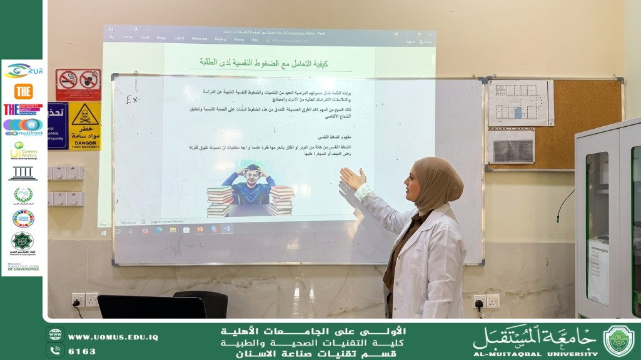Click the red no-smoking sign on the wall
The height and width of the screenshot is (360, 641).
click(78, 81)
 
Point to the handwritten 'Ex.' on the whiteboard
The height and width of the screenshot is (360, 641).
click(133, 99)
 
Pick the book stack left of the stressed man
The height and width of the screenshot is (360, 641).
click(220, 201)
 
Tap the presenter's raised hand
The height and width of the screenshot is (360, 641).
click(352, 180)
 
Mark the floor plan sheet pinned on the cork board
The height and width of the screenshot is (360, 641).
click(517, 104)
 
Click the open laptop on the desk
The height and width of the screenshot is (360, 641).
click(151, 306)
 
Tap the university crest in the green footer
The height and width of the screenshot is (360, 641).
click(618, 341)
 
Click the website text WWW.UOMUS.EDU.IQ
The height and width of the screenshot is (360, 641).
click(113, 337)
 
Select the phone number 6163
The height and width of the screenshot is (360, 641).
click(82, 351)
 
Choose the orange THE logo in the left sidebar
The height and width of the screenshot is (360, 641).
click(23, 91)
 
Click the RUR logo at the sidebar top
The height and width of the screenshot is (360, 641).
click(23, 71)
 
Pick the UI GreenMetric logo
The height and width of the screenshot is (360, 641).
click(23, 150)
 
